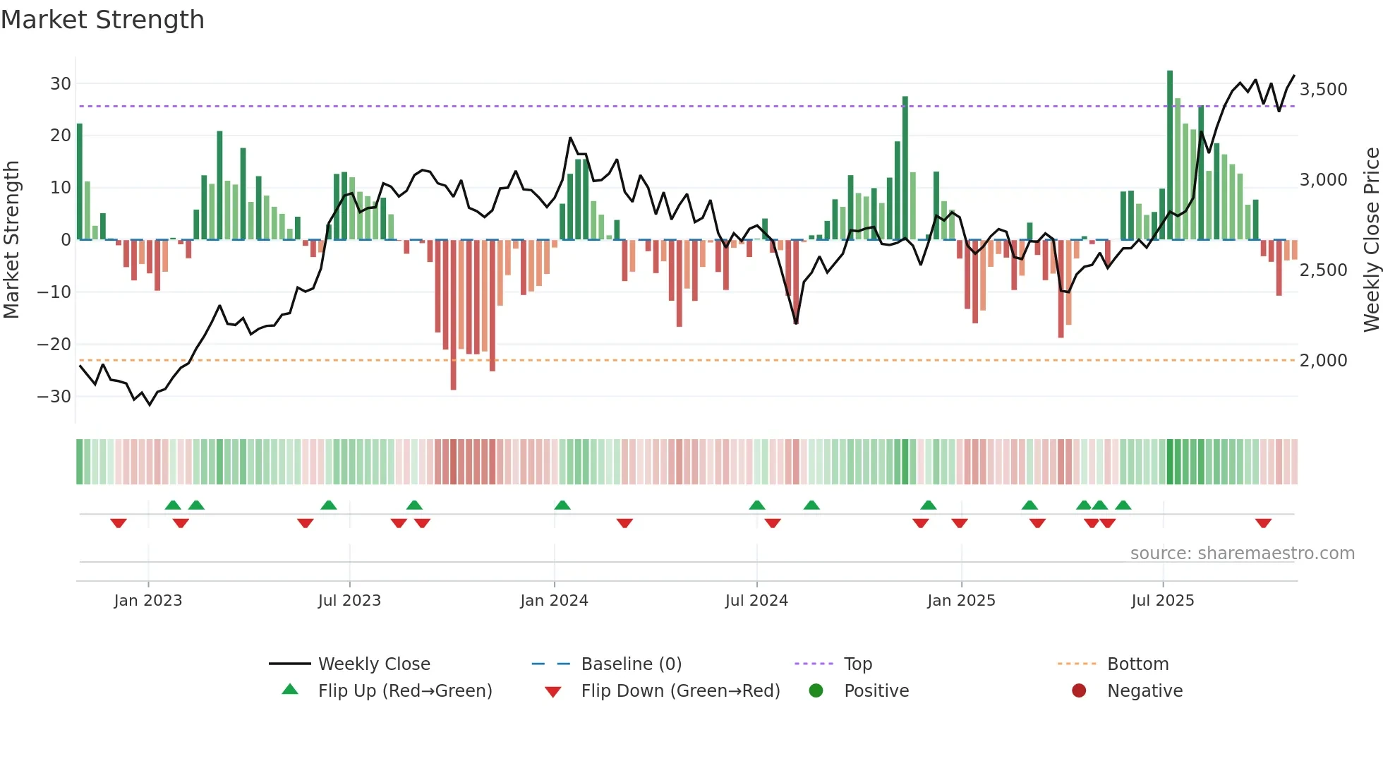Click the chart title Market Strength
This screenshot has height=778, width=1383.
102,20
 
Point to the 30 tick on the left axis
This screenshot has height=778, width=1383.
61,83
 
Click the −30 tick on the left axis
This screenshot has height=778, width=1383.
55,396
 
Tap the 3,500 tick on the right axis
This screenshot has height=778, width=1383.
1323,90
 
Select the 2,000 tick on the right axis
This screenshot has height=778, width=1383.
1323,361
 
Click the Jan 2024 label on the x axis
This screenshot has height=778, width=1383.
554,601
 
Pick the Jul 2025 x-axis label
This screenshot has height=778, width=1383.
1162,601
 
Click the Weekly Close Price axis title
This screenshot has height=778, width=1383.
1371,239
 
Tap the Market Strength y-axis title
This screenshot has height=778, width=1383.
11,239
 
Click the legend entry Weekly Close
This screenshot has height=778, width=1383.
373,664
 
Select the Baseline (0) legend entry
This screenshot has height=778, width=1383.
631,664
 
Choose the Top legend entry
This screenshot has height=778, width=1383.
857,664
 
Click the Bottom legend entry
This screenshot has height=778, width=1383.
1137,664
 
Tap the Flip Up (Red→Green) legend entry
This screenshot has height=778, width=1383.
404,691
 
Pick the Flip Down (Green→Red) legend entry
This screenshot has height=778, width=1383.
680,691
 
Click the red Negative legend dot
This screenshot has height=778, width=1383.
1079,691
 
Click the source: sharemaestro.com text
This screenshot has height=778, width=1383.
1242,553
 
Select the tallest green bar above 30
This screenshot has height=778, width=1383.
1170,155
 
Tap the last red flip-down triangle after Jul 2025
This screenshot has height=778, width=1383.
1263,523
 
